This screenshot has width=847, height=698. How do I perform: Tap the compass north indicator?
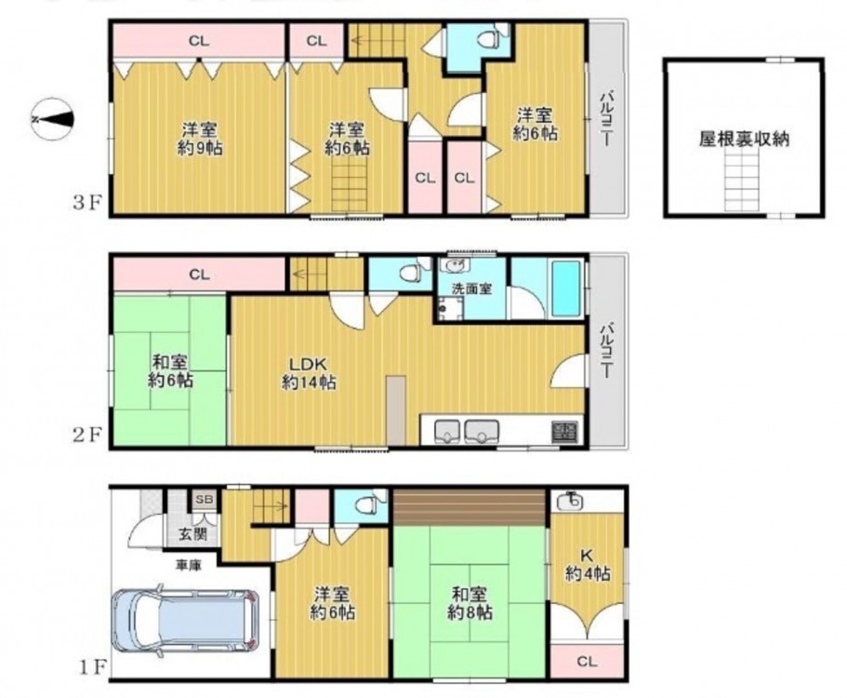coord(52,119)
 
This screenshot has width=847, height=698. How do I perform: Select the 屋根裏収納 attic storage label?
coord(744,139)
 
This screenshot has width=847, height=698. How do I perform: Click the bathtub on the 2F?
coord(565,289)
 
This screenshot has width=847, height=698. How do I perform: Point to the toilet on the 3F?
coord(488,39)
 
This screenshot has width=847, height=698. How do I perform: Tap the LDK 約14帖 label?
coord(309,373)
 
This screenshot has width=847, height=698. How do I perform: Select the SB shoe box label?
coord(205,499)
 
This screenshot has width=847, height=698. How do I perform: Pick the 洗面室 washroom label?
coord(471,289)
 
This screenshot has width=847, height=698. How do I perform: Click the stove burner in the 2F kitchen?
coord(564,431)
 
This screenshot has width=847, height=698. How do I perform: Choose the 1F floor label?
coord(90,667)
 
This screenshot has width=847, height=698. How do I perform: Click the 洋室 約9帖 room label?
coord(200,139)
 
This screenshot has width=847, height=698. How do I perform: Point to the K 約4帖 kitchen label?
coord(588,564)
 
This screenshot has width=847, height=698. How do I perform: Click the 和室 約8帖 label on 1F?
coord(470,604)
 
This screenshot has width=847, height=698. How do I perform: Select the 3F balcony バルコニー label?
coord(606,118)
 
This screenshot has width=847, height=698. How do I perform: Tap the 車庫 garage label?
coord(189,566)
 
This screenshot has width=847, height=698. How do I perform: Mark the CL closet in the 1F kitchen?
coord(588,661)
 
